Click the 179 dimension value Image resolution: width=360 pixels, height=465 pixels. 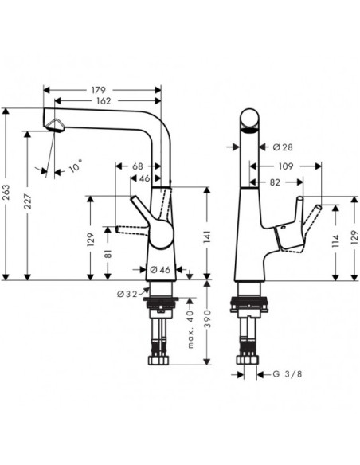click(99, 90)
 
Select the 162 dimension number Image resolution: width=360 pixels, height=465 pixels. click(104, 101)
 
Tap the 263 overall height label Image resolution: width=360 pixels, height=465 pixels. click(6, 192)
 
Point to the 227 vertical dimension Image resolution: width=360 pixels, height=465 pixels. click(27, 201)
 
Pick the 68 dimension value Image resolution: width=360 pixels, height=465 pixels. click(138, 166)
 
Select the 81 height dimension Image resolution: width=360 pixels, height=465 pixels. click(108, 254)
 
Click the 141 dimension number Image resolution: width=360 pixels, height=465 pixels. click(207, 237)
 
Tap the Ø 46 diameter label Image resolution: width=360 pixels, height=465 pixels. click(160, 270)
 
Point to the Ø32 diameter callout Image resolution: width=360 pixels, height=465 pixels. click(127, 294)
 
